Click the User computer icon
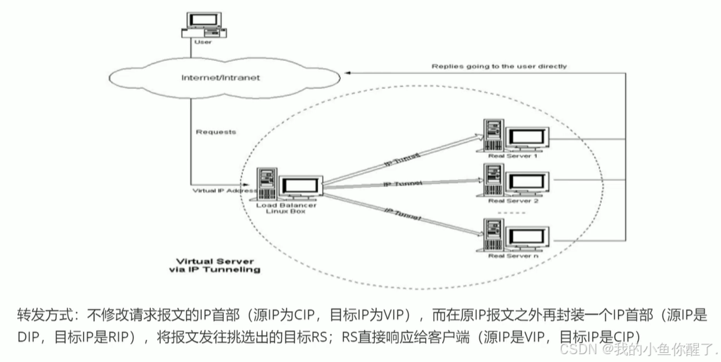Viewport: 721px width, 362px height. (x=204, y=24)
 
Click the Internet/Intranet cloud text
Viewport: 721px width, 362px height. (x=220, y=78)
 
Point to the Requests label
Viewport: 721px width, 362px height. (x=216, y=132)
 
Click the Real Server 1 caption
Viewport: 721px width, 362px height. (x=513, y=156)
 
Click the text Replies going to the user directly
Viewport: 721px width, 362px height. (x=499, y=66)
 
